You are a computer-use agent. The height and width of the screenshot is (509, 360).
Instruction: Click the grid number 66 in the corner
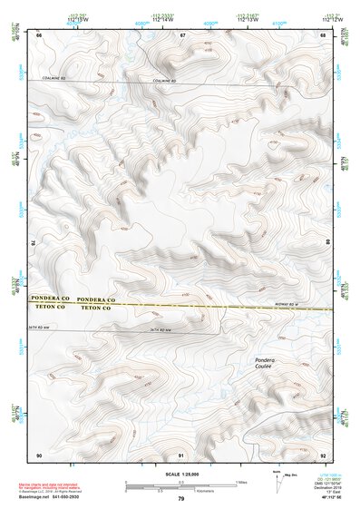click(x=39, y=34)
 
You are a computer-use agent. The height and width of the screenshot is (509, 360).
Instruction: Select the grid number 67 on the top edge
click(x=182, y=34)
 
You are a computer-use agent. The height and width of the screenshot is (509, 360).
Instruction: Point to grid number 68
click(x=324, y=34)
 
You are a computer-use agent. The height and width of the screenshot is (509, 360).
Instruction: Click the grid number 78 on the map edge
click(x=34, y=243)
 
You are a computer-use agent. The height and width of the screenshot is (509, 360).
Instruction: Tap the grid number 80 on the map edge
click(x=328, y=243)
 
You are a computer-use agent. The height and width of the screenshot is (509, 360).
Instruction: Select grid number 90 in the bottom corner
click(x=39, y=454)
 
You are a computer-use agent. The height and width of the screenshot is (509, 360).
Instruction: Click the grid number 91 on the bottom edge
click(x=182, y=454)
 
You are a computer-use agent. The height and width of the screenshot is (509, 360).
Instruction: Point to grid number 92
click(x=324, y=454)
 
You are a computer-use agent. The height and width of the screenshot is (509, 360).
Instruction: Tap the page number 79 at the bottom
click(x=180, y=498)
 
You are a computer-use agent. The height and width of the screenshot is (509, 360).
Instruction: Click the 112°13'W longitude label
click(x=245, y=20)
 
